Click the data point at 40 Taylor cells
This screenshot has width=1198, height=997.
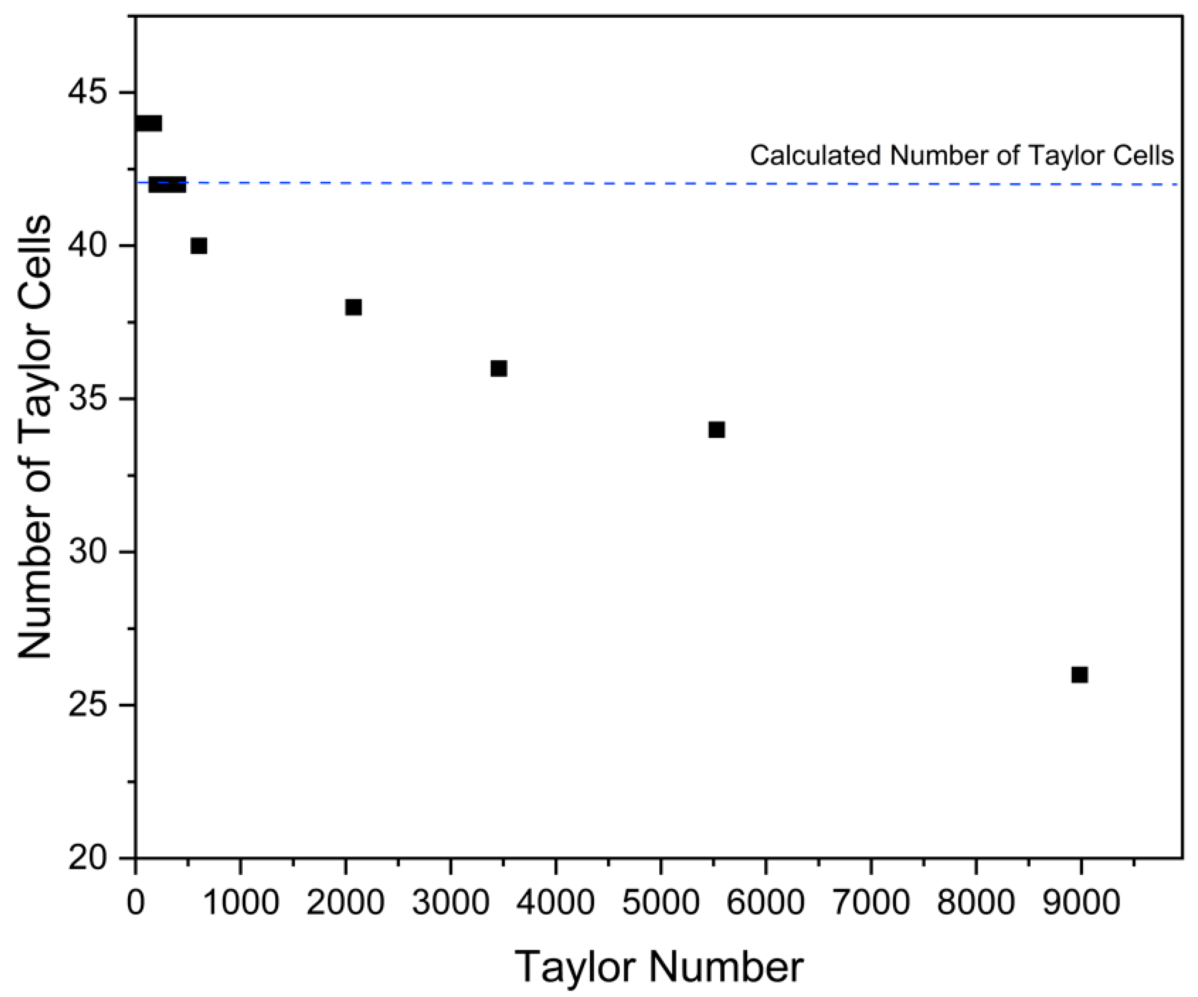pos(199,246)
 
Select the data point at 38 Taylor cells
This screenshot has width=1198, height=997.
pos(353,307)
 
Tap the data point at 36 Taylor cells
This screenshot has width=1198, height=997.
pos(498,368)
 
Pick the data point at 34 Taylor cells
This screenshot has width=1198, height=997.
pos(716,430)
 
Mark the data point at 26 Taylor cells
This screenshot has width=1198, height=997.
pos(1079,675)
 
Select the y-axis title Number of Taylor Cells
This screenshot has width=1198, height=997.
pos(36,438)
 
